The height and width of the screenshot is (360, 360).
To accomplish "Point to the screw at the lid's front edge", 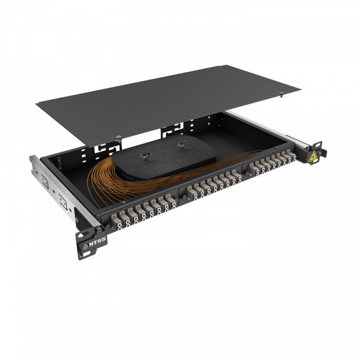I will tap(119, 136).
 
